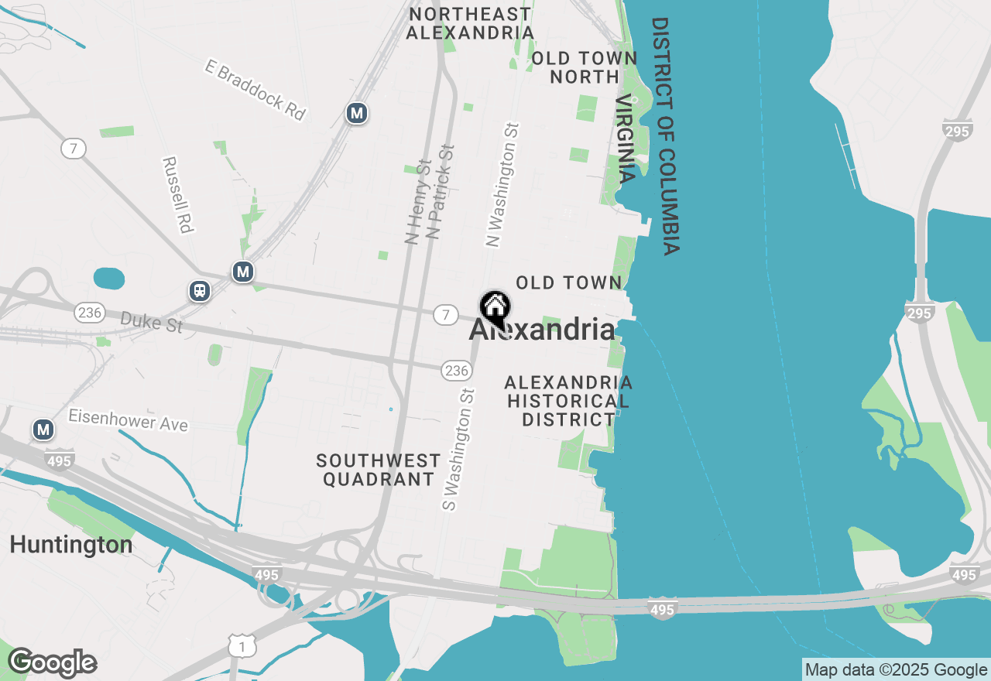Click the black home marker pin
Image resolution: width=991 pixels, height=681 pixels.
coord(495,308)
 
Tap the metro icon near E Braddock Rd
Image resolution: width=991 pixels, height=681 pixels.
coord(356,114)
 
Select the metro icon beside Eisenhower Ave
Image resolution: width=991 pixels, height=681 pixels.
coord(43,429)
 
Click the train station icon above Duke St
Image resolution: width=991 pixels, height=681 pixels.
coord(200,291)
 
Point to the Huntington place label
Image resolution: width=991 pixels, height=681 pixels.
coord(70,545)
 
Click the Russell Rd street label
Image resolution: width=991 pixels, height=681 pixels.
coord(177,195)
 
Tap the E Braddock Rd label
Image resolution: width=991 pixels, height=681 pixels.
coord(255,90)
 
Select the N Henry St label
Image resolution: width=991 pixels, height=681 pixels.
coord(418,202)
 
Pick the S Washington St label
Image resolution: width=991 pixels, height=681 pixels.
coord(458,450)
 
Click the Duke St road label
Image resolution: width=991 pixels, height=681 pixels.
coord(152,322)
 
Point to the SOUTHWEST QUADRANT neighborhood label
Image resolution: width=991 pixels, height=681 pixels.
coord(379,470)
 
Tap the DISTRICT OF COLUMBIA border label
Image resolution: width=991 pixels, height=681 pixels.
coord(665,136)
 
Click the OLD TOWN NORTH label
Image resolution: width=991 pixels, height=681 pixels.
coord(585,67)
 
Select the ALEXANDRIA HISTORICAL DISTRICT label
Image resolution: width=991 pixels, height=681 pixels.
coord(568,402)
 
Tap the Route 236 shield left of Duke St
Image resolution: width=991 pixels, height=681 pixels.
coord(90,313)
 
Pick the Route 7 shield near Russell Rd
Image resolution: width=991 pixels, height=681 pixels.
coord(73,149)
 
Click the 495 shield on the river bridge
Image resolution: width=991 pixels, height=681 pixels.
coord(663,610)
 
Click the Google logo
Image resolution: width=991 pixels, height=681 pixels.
coord(53,662)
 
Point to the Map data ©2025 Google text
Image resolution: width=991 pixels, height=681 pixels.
coord(896,670)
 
